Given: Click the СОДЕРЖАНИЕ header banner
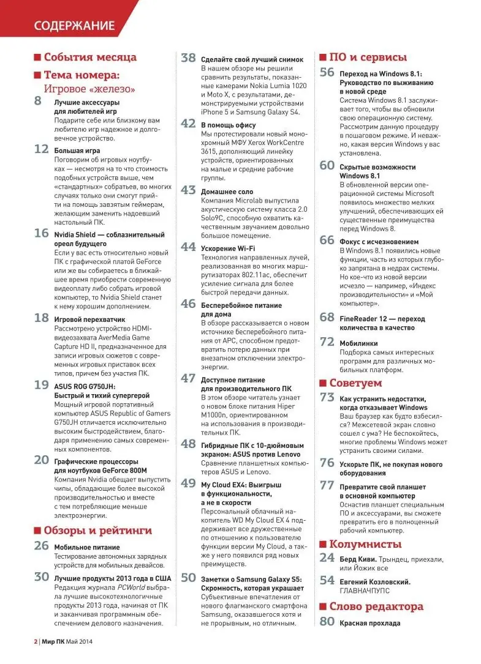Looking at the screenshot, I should coord(74,25).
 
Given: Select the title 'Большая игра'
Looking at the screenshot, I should coord(77,150).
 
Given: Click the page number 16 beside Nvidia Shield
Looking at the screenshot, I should coord(41,233).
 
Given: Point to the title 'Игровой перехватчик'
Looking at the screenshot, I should coord(89,319).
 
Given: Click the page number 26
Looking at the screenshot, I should coord(41,546).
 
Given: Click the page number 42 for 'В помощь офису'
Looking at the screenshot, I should coord(188,124).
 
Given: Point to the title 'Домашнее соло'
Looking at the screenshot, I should coord(227,191).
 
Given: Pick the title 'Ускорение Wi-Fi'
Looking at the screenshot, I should coord(228,248).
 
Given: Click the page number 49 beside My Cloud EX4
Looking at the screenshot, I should coord(188,483).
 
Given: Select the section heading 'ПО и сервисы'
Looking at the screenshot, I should coord(368,58).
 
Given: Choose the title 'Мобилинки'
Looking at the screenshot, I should coord(359,343).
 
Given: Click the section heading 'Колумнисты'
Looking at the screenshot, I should coord(365,544).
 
